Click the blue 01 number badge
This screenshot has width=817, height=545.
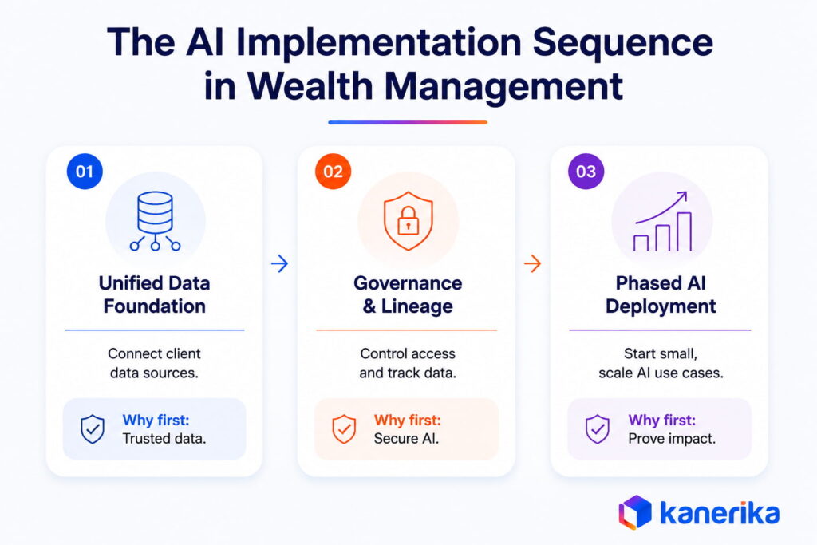pyautogui.click(x=85, y=172)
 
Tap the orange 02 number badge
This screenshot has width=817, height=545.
pyautogui.click(x=333, y=172)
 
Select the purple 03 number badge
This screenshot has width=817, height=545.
pyautogui.click(x=586, y=172)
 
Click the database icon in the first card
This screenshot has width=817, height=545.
pyautogui.click(x=156, y=221)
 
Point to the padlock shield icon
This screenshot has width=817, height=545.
pyautogui.click(x=408, y=221)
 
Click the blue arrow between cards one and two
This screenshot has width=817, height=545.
pyautogui.click(x=280, y=263)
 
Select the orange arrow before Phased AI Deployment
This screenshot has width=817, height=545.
pyautogui.click(x=532, y=263)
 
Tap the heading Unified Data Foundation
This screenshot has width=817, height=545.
pyautogui.click(x=154, y=294)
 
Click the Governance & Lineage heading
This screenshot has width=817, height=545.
pyautogui.click(x=408, y=294)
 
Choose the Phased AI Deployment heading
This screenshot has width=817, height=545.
pyautogui.click(x=661, y=294)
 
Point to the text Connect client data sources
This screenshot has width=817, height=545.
pyautogui.click(x=154, y=363)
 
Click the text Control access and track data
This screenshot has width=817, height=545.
pyautogui.click(x=408, y=363)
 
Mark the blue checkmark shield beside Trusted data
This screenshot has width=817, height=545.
pyautogui.click(x=93, y=428)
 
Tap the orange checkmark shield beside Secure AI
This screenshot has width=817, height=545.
pyautogui.click(x=344, y=428)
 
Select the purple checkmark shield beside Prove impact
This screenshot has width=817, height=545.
pyautogui.click(x=598, y=428)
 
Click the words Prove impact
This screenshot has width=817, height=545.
pyautogui.click(x=672, y=439)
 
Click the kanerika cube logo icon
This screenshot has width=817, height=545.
pyautogui.click(x=635, y=511)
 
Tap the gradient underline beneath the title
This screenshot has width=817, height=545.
pyautogui.click(x=408, y=122)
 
